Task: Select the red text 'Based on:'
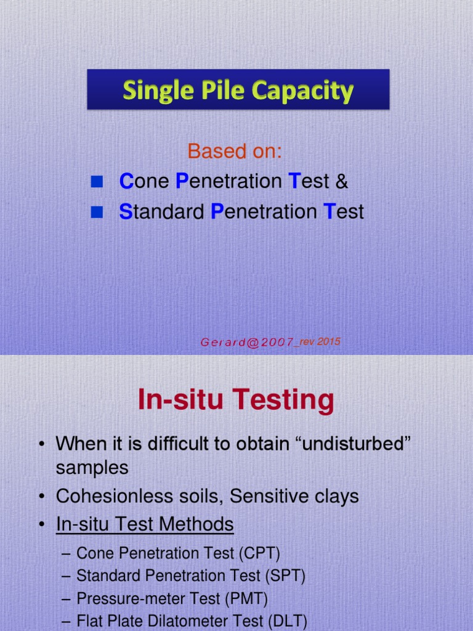235,151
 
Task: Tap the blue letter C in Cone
126,181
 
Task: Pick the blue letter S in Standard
125,212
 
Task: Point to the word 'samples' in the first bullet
92,468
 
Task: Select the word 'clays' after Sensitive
334,496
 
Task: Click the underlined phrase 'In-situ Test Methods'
145,524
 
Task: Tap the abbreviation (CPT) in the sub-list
258,553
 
